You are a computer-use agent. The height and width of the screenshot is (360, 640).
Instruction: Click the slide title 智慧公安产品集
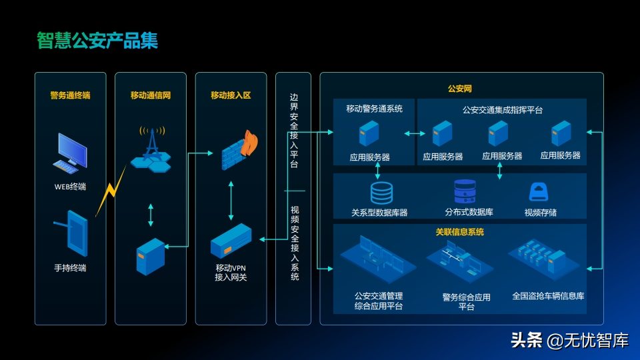[x=97, y=41]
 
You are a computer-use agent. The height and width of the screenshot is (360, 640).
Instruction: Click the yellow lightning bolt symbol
[x=110, y=191]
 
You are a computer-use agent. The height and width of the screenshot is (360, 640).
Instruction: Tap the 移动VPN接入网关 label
[x=231, y=272]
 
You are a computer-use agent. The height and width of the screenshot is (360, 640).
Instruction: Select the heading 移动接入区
[x=231, y=95]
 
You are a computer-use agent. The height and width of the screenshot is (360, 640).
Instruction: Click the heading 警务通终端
[x=70, y=95]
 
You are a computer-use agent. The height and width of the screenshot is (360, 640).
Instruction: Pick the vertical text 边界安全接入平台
[x=294, y=130]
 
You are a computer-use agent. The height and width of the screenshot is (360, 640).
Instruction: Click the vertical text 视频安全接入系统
[x=294, y=243]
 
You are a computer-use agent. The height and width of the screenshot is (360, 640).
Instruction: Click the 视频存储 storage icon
[x=539, y=192]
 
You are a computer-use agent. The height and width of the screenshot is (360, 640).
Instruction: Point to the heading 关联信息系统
[x=460, y=233]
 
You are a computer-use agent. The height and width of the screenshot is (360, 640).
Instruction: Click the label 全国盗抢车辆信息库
[x=548, y=295]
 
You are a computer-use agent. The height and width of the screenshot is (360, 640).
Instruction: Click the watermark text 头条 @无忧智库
[x=569, y=341]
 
